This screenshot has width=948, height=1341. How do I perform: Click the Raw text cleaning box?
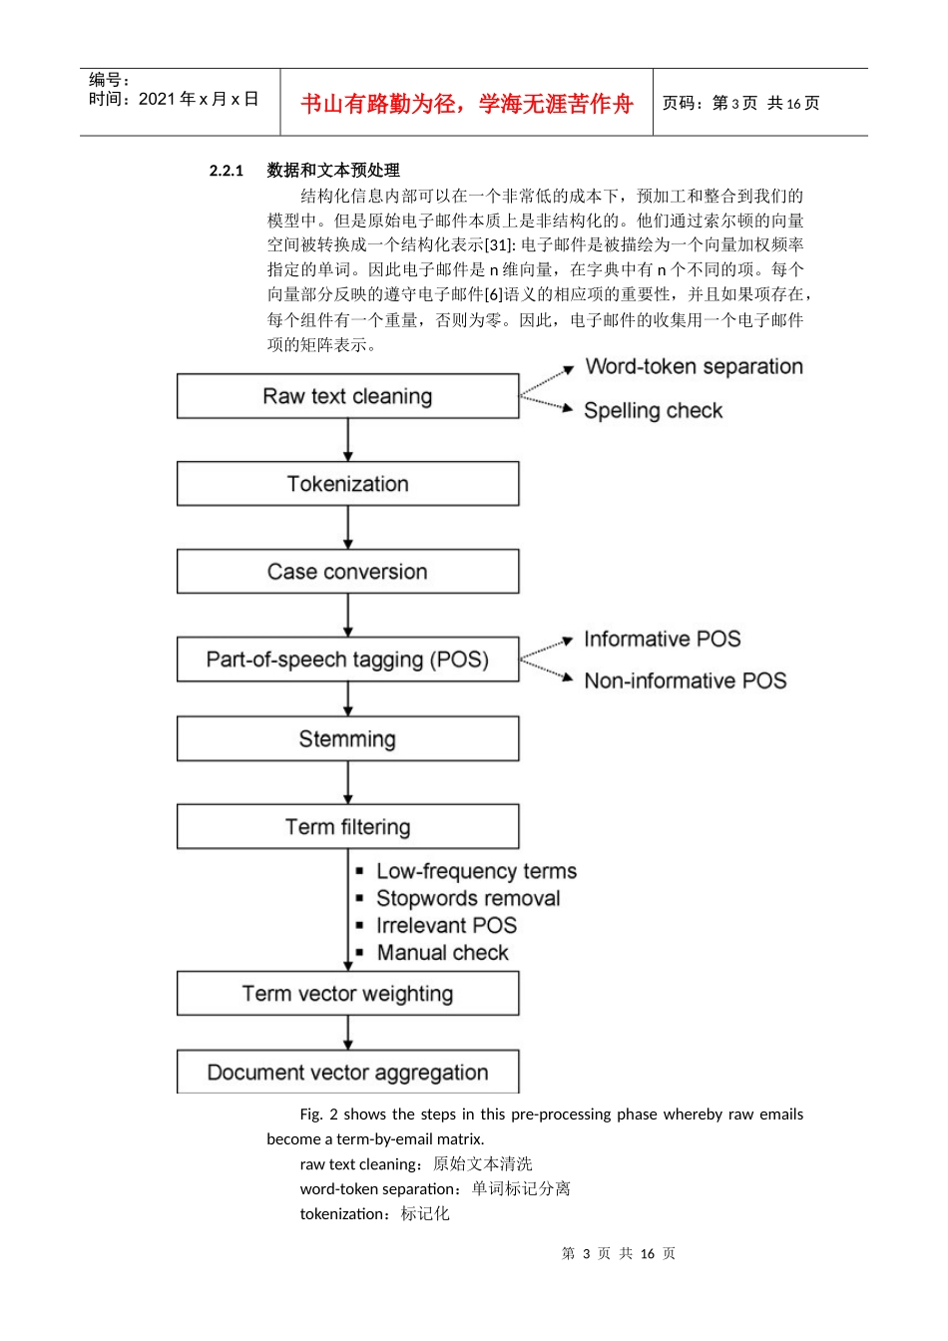click(347, 396)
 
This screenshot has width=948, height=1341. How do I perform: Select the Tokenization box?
click(347, 484)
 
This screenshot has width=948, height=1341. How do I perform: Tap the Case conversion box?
click(347, 572)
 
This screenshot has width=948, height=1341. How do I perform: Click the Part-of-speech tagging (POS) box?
click(347, 660)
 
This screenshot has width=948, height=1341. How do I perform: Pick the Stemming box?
click(347, 739)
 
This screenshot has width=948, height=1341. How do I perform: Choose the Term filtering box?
click(347, 827)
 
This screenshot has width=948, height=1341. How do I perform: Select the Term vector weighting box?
click(347, 994)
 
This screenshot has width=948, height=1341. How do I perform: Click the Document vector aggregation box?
click(347, 1073)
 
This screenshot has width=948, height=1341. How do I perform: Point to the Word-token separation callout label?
click(694, 367)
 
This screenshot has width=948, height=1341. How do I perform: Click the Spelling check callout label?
click(653, 411)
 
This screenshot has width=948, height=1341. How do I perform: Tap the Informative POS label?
click(662, 639)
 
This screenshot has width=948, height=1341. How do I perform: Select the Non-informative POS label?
click(685, 680)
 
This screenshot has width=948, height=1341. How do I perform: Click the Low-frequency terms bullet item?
click(476, 871)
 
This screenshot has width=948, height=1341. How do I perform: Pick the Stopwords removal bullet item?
click(468, 898)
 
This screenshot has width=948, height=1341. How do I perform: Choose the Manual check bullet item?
click(442, 953)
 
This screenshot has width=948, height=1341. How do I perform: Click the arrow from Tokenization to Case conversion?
click(348, 528)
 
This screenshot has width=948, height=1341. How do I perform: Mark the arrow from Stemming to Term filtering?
click(348, 783)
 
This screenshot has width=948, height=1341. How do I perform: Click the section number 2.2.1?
click(227, 171)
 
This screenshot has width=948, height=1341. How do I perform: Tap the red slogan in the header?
click(467, 104)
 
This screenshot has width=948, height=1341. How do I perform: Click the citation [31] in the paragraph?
click(499, 245)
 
